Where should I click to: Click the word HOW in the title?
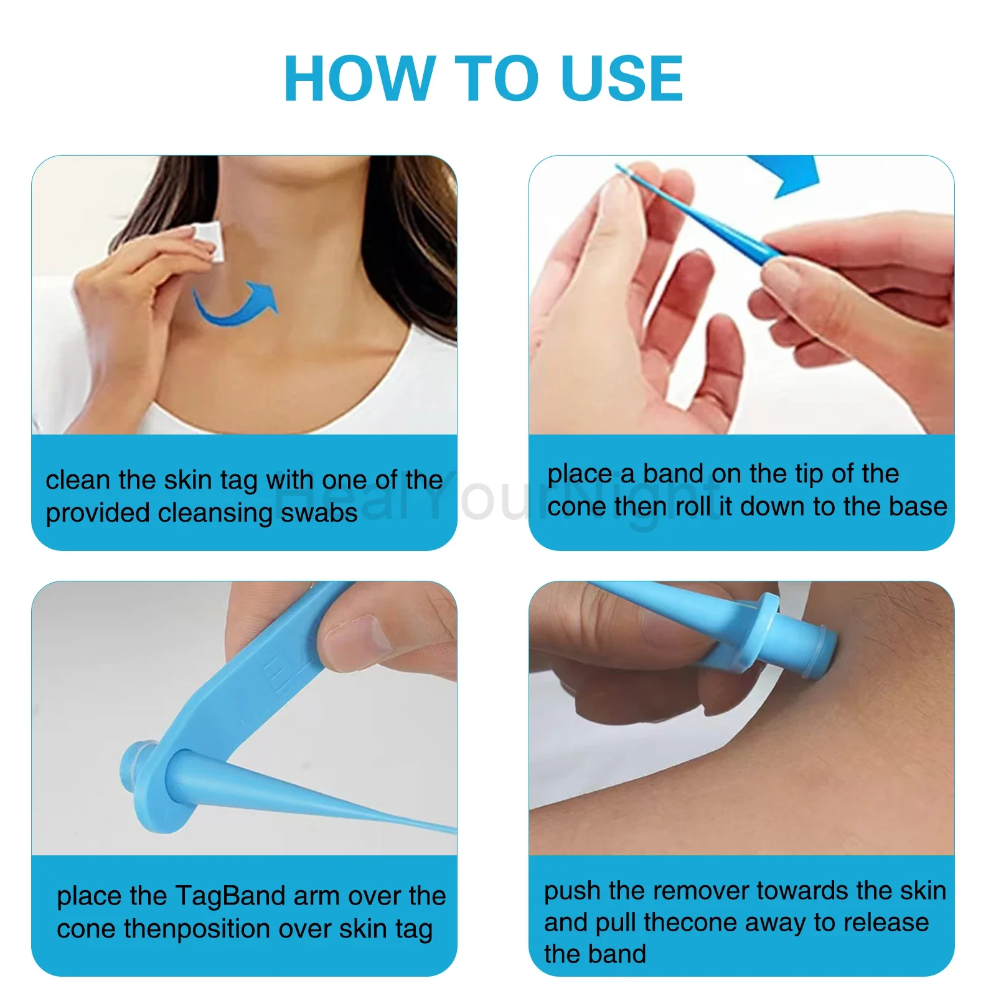[358, 78]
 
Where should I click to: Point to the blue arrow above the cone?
[788, 174]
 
